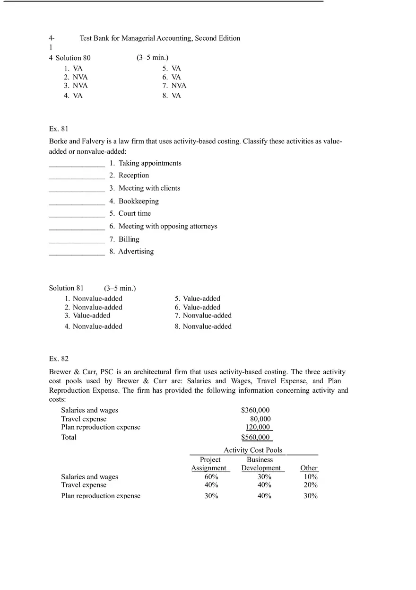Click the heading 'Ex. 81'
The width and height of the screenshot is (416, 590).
[x=59, y=129]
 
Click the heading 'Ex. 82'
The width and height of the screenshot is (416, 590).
[x=59, y=359]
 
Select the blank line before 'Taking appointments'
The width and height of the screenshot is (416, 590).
[x=77, y=164]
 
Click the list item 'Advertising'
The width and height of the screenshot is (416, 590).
[x=136, y=252]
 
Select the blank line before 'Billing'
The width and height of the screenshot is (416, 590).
[x=77, y=240]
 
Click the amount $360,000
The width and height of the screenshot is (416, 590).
[x=255, y=410]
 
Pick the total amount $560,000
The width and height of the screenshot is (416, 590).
[x=255, y=437]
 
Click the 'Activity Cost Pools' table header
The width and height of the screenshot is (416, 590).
[x=253, y=450]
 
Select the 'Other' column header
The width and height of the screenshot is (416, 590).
[x=309, y=468]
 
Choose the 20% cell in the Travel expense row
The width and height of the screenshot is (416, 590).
[x=311, y=485]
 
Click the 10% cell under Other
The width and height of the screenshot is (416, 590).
[x=311, y=477]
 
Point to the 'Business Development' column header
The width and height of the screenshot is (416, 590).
[x=260, y=464]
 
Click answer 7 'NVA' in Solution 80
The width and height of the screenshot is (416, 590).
[x=179, y=86]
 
